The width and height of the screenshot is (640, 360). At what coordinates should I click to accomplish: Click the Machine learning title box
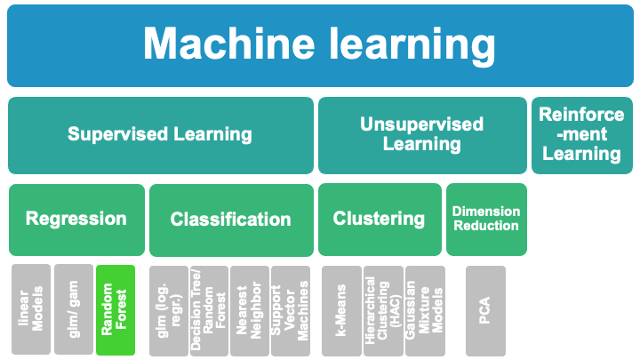(319, 44)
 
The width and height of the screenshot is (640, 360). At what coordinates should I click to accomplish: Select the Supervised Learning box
(160, 135)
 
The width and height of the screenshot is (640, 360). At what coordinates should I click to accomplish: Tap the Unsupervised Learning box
(421, 135)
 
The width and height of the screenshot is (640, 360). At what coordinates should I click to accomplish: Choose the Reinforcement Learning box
(580, 135)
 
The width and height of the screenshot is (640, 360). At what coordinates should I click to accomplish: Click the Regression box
(76, 219)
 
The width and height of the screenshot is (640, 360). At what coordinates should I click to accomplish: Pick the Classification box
(231, 220)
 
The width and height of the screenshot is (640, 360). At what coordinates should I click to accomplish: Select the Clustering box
(380, 219)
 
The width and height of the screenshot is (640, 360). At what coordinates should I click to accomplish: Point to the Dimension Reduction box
(485, 219)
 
